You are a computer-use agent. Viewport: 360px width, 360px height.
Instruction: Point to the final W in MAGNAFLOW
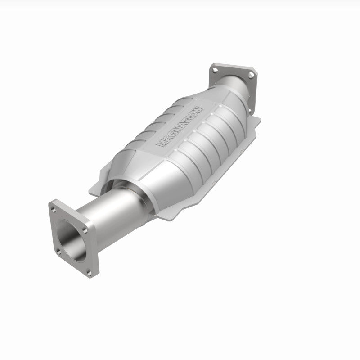coord(201,109)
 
